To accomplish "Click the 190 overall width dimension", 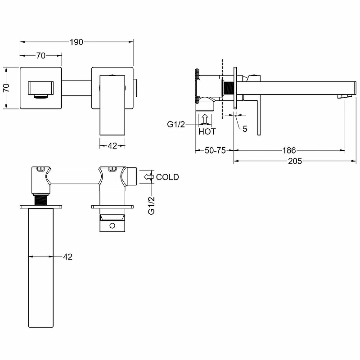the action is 76,42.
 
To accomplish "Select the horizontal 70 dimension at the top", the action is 40,55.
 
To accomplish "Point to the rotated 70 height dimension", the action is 7,88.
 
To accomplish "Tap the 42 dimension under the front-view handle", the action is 112,145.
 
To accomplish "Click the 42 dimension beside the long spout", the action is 67,256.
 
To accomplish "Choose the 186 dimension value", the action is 289,150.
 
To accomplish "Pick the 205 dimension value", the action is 295,161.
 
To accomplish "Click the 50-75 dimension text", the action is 215,150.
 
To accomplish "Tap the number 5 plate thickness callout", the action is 245,129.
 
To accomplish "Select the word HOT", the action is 207,131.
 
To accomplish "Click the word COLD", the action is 167,177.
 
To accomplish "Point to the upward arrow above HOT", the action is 205,119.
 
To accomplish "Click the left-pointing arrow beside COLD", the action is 148,177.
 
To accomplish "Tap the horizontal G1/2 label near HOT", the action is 176,125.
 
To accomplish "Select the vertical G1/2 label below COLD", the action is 152,206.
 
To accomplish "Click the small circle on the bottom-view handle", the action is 112,226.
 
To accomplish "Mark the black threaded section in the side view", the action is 229,88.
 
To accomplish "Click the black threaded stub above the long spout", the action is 41,200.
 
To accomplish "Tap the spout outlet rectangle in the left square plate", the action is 41,88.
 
